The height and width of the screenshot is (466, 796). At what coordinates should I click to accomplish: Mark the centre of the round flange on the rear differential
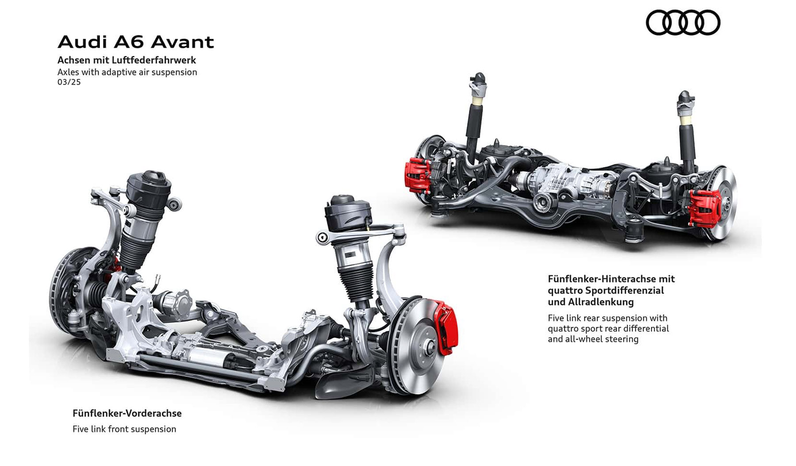tap(543, 204)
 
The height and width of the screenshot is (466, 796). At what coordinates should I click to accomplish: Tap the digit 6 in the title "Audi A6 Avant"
tap(137, 42)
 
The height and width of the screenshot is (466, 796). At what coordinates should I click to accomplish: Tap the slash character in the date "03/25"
tap(69, 82)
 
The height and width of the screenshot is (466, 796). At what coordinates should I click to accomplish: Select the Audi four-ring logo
tap(683, 23)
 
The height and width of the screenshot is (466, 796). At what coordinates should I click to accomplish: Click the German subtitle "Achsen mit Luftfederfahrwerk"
tap(127, 60)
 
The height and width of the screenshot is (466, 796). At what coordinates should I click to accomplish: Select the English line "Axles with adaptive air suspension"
tap(127, 72)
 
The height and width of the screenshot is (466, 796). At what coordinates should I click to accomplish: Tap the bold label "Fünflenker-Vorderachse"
tap(127, 413)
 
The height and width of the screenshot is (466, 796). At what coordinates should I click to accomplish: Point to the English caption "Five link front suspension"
tap(124, 429)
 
